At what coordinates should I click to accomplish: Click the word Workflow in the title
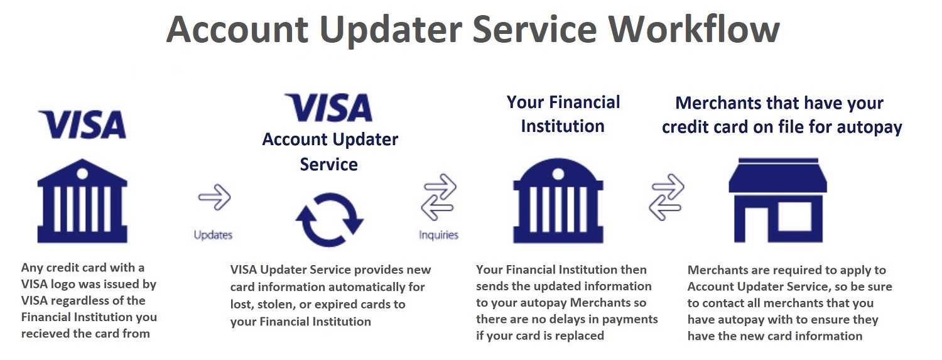click(695, 30)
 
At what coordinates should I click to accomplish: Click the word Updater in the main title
click(391, 30)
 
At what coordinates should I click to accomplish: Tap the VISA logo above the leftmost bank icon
click(82, 124)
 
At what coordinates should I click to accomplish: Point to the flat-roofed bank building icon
click(82, 200)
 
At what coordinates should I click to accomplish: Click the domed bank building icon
click(558, 200)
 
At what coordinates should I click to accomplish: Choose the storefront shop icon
click(777, 200)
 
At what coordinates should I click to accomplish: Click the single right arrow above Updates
click(215, 197)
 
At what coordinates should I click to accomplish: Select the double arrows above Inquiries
click(438, 197)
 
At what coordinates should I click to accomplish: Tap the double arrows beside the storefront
click(666, 197)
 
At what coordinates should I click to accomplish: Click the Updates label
click(214, 235)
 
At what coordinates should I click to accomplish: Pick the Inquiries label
click(438, 235)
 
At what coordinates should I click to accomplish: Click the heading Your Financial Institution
click(563, 114)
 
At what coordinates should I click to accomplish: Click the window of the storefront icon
click(794, 216)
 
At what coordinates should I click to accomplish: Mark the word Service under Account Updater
click(329, 165)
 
